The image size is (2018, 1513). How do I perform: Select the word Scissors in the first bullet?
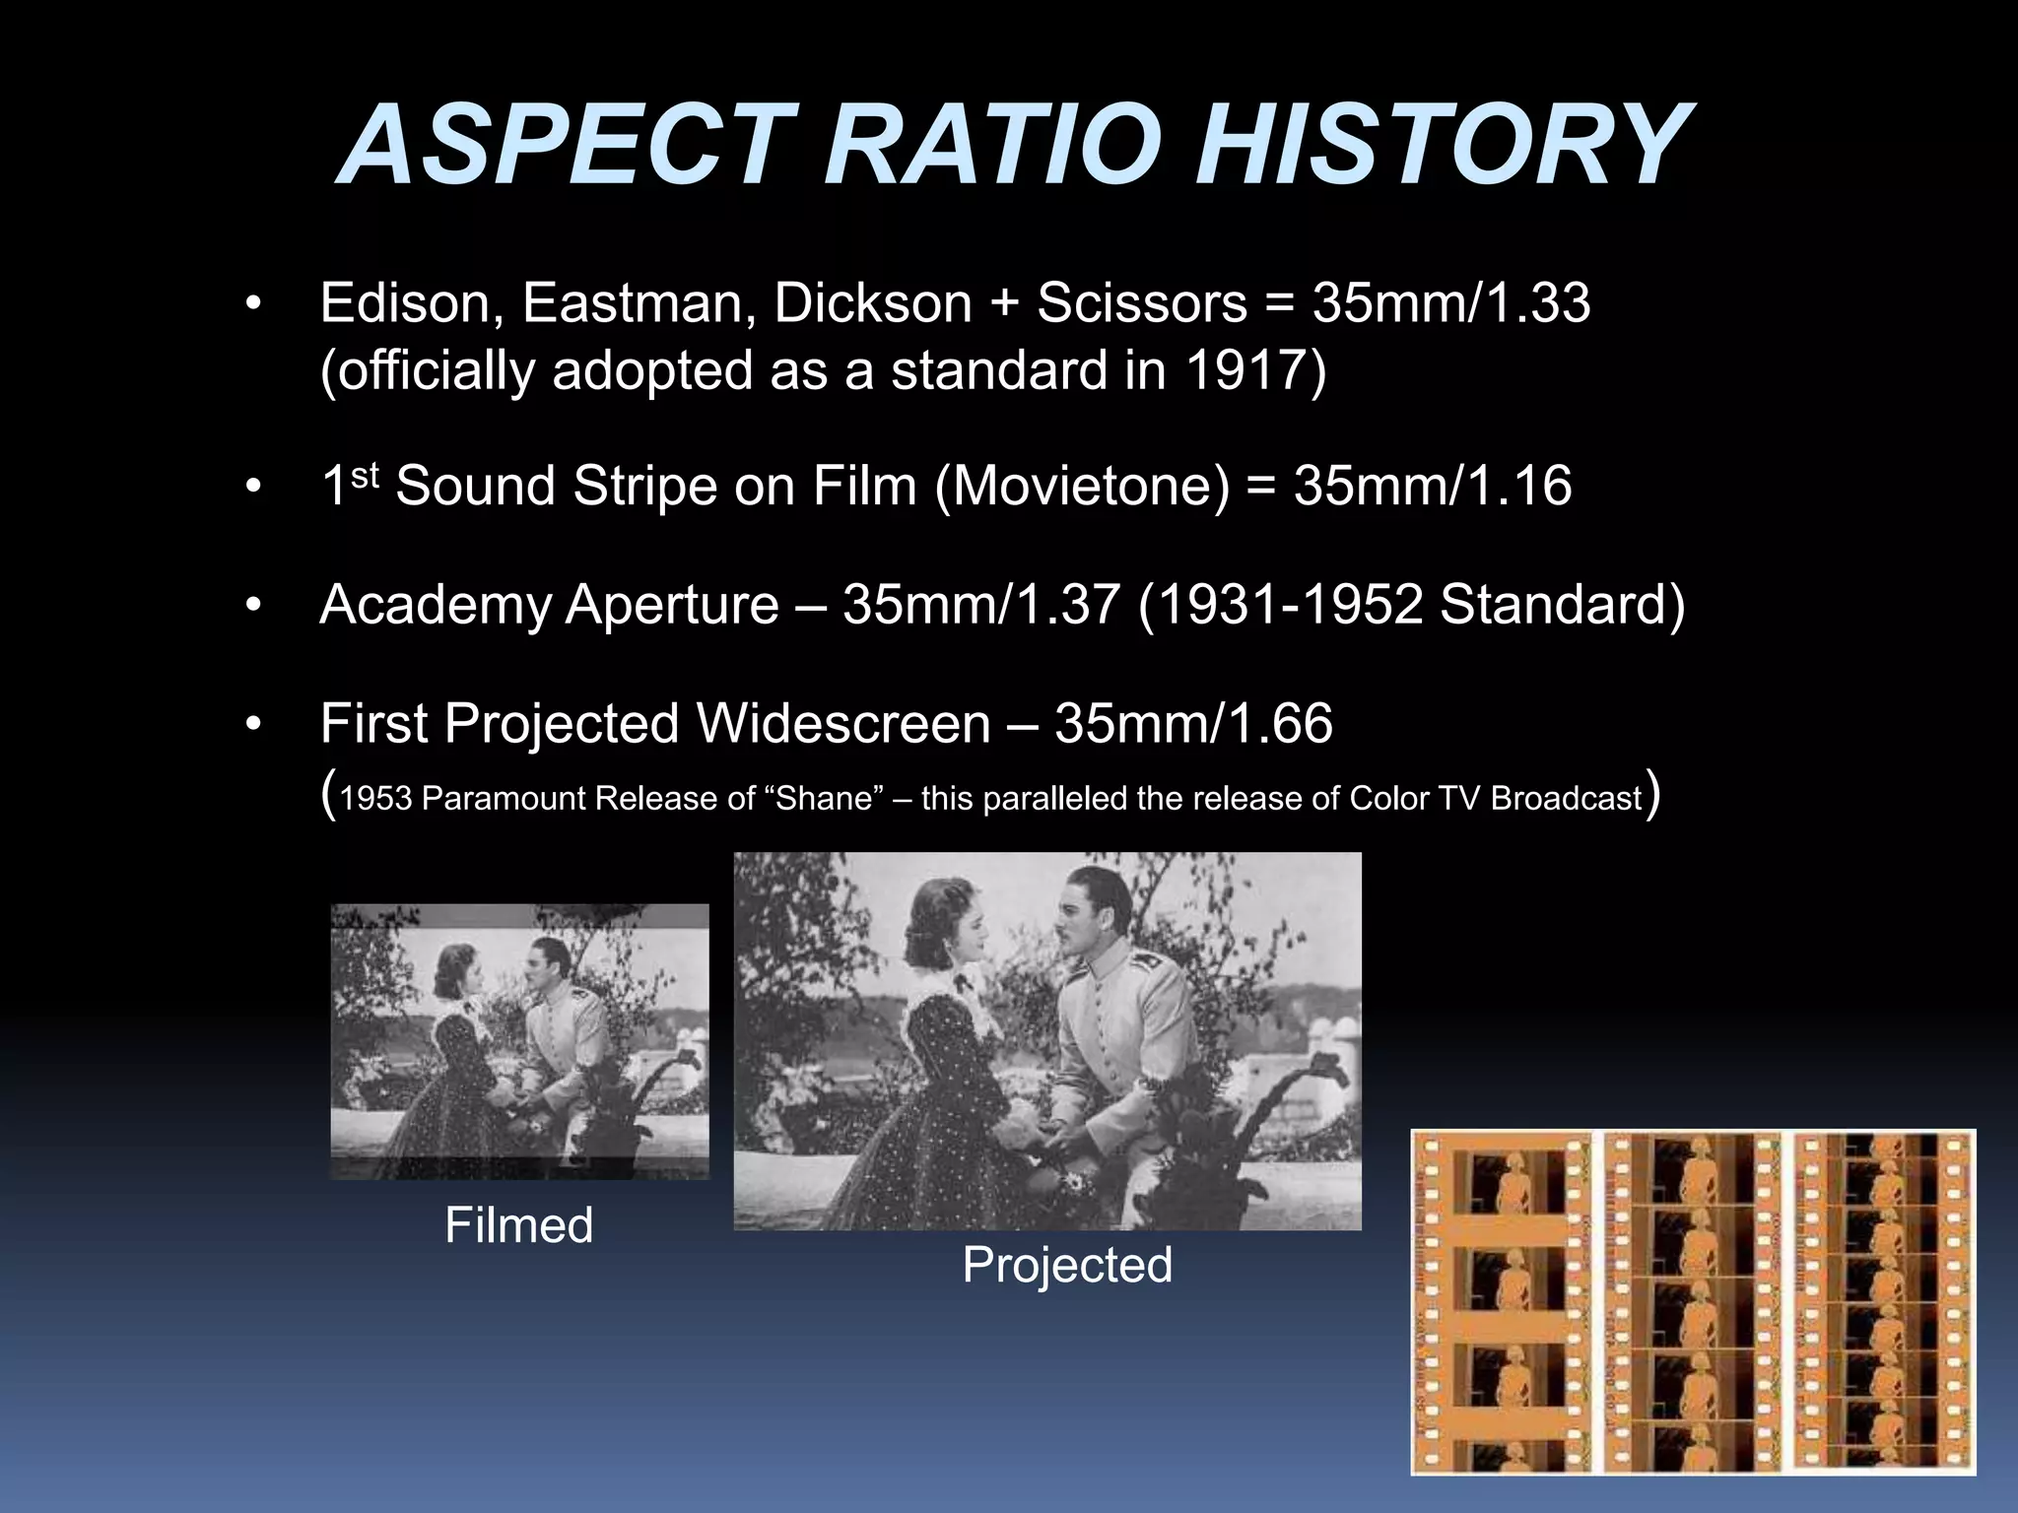tap(1141, 303)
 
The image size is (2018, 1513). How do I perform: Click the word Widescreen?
tap(843, 724)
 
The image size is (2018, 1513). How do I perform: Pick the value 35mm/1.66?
tap(1193, 724)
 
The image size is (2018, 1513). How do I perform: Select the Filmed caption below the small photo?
tap(518, 1226)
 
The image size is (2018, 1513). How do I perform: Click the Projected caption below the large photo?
tap(1067, 1265)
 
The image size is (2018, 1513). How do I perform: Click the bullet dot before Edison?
tap(254, 304)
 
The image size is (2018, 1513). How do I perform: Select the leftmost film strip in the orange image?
tap(1502, 1301)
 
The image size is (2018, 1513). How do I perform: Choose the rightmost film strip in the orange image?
tap(1882, 1301)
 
